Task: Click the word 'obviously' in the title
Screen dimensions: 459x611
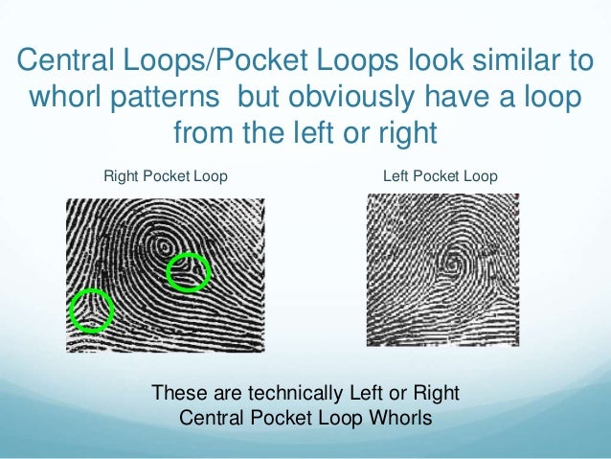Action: (347, 99)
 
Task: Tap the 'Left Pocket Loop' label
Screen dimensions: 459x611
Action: (440, 176)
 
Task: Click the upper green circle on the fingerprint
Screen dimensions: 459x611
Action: (188, 272)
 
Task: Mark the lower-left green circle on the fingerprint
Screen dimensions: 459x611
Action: (91, 310)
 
